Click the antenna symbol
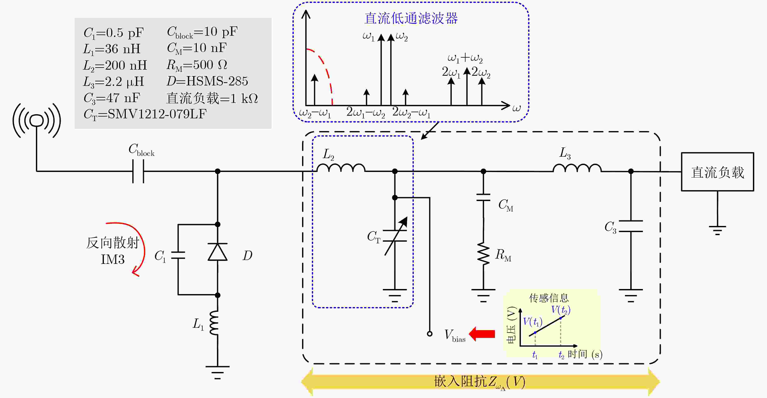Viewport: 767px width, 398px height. pos(37,121)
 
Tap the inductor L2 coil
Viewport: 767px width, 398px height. pos(341,168)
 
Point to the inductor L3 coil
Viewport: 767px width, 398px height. pos(577,168)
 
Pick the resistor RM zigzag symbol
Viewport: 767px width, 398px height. pos(483,254)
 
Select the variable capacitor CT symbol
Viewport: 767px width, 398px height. pos(395,236)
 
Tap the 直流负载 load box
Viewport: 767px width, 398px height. pos(717,172)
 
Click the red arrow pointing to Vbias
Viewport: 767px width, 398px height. pos(482,334)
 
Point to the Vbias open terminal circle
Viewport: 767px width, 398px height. pos(430,334)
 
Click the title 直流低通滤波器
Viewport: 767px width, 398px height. pos(411,18)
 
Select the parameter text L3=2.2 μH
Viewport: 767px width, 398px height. pos(113,82)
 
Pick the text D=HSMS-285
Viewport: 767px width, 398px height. pos(207,81)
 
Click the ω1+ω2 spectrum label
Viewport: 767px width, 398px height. pos(465,58)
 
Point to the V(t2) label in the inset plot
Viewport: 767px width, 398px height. pos(561,310)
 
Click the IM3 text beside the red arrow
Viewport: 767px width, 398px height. pos(113,259)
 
